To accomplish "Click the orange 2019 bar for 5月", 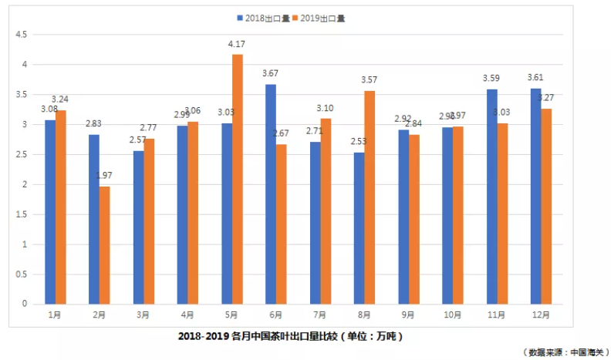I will tap(237, 179).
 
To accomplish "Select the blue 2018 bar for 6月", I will tap(271, 193).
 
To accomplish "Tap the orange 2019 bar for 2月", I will tap(105, 244).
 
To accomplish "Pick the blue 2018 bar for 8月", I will tap(359, 227).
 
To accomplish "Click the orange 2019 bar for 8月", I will tap(370, 197).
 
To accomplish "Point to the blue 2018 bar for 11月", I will tap(492, 196).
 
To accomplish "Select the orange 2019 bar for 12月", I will tap(547, 206).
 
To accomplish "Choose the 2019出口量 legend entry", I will tap(319, 18).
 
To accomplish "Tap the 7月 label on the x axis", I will tap(320, 315).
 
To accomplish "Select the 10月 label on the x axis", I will tap(453, 315).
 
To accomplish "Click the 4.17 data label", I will tap(236, 45).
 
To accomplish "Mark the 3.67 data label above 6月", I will tap(270, 73).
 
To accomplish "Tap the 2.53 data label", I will tap(359, 143).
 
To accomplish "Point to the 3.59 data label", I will tap(491, 79).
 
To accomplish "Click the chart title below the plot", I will tap(290, 337).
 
